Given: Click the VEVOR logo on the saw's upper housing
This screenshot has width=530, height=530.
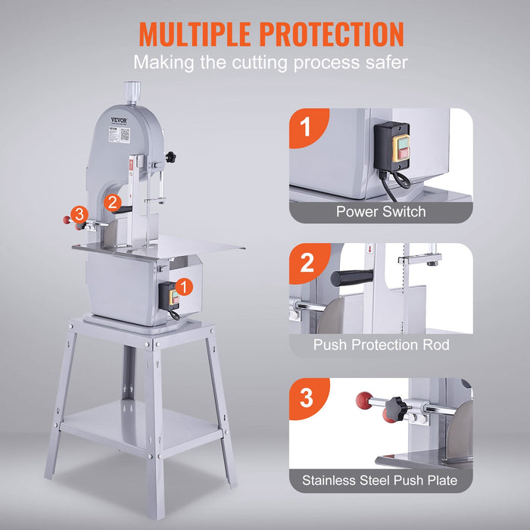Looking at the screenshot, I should coord(119,120).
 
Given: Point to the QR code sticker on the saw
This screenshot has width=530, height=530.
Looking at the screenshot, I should coord(125,134).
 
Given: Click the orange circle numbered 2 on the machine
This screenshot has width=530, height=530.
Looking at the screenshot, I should coord(112,202).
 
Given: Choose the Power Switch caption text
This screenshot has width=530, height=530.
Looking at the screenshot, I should coord(381,212).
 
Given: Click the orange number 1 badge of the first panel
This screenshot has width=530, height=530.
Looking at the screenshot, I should coord(306,126).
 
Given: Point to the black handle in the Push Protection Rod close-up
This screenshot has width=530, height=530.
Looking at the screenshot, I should coord(354,278).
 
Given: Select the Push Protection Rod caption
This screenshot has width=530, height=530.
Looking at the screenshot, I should coord(381,345).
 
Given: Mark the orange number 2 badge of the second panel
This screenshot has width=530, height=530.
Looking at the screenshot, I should coord(307,263).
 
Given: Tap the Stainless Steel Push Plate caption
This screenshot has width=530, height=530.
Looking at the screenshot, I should coord(380,480).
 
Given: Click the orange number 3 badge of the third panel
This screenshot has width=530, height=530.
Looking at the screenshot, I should coord(307,397).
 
